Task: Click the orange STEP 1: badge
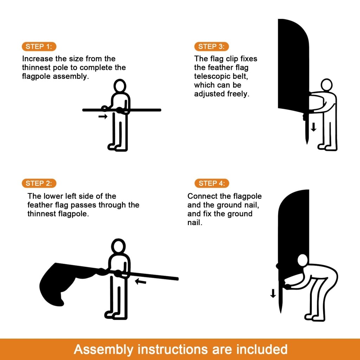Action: coord(39,47)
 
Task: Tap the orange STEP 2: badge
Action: coord(39,183)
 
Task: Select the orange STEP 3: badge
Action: coord(211,47)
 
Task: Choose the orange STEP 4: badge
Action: coord(212,183)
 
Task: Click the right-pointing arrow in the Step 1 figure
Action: coord(103,117)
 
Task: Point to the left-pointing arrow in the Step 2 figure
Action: coord(141,281)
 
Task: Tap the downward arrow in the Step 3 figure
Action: coord(314,127)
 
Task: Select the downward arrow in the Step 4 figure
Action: coord(273,294)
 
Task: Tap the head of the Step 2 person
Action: coord(118,246)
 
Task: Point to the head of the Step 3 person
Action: coord(327,85)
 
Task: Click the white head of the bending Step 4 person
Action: coord(303,261)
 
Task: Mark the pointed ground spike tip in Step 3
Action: coord(307,144)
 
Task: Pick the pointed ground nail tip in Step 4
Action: coord(281,313)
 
